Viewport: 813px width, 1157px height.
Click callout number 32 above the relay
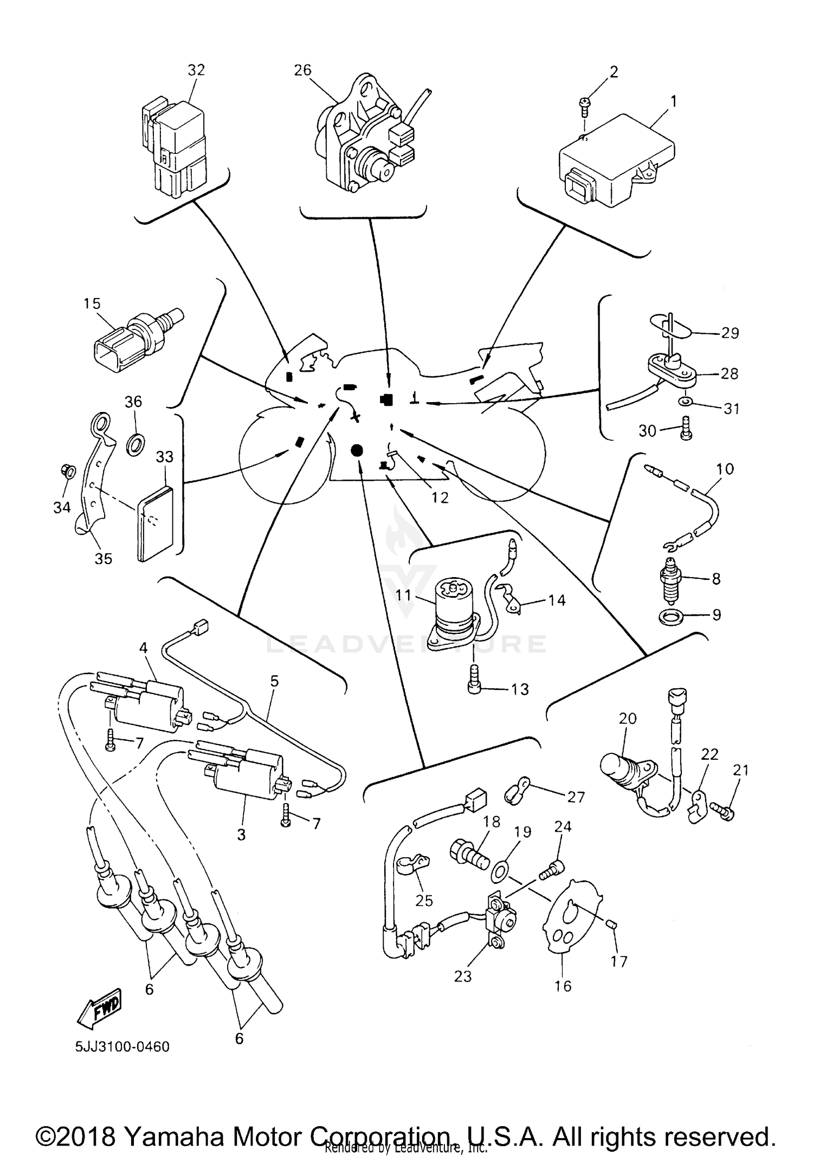(196, 70)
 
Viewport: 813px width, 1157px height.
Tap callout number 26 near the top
(303, 70)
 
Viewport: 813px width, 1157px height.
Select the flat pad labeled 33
(155, 523)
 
